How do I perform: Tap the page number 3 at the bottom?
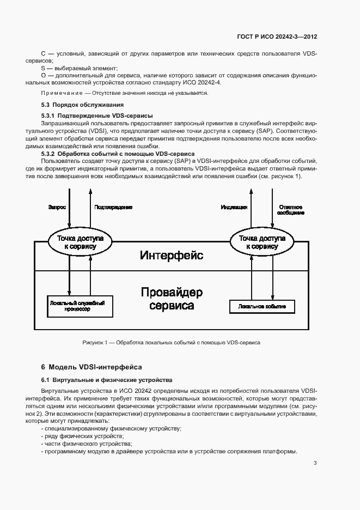point(315,463)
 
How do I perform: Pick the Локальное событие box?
point(262,307)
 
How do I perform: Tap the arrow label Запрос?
point(58,207)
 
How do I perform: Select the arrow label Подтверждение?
point(113,207)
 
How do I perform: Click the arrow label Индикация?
point(234,207)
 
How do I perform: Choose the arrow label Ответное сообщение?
point(291,210)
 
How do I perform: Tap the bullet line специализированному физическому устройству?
point(112,429)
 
